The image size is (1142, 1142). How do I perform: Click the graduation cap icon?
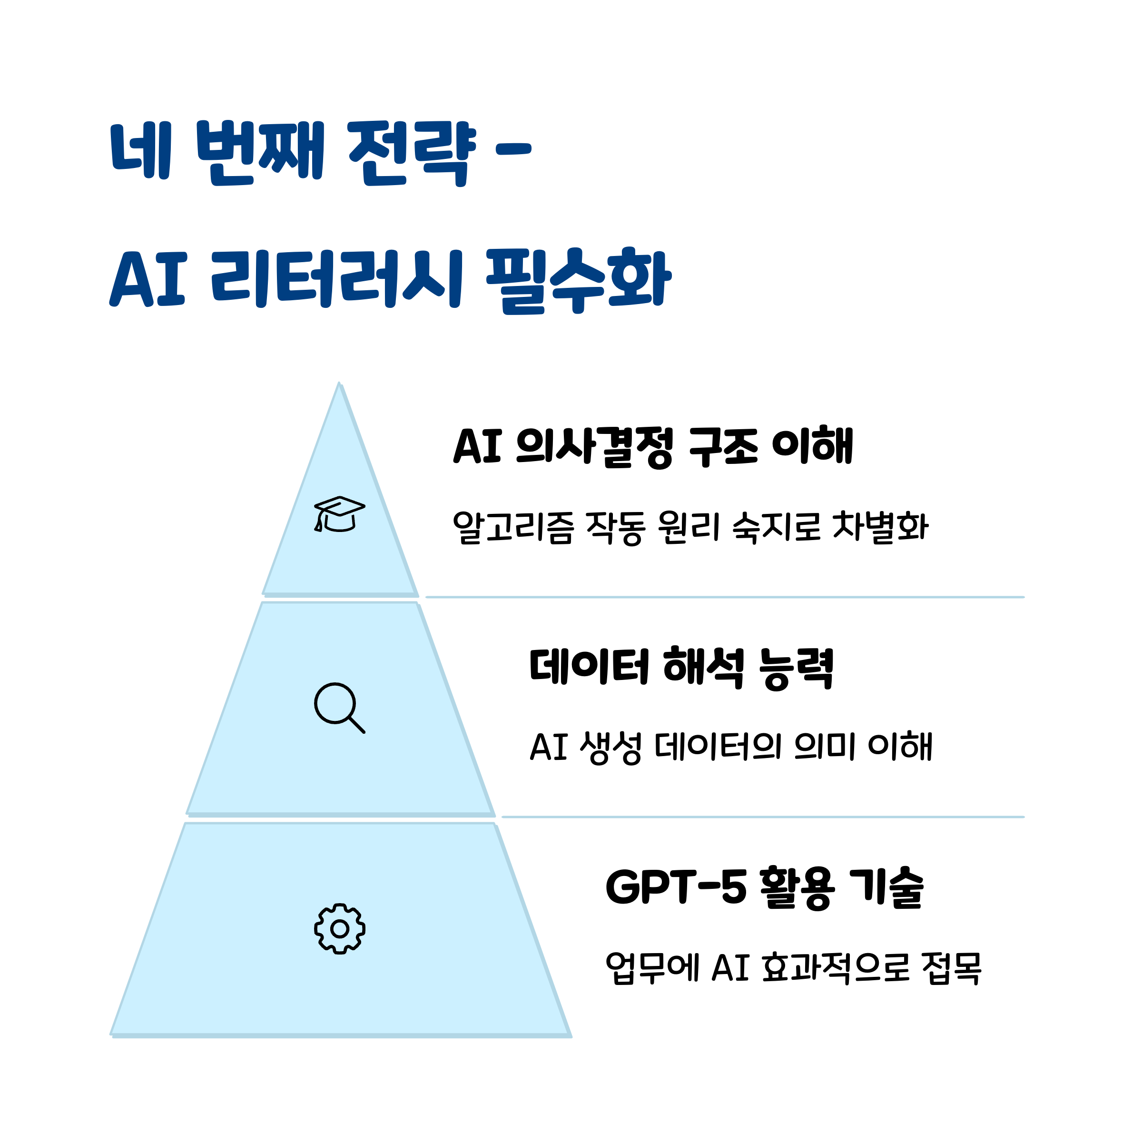click(339, 514)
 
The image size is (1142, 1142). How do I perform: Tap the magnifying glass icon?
click(339, 708)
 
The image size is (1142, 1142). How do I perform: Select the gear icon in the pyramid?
click(339, 929)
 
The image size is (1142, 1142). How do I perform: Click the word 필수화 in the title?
click(578, 279)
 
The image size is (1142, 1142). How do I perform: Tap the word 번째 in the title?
click(261, 152)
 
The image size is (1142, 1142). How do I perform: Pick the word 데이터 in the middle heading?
click(590, 666)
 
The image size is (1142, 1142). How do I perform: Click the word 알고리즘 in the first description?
click(512, 527)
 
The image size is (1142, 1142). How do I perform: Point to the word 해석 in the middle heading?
click(703, 667)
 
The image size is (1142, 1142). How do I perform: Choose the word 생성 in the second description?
click(610, 747)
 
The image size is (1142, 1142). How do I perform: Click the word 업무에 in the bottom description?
click(652, 968)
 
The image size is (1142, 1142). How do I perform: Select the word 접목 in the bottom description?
click(951, 968)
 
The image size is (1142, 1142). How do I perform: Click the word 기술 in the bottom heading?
click(886, 887)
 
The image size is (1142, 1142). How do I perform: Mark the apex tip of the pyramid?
click(339, 384)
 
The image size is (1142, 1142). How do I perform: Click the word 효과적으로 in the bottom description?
click(835, 968)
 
